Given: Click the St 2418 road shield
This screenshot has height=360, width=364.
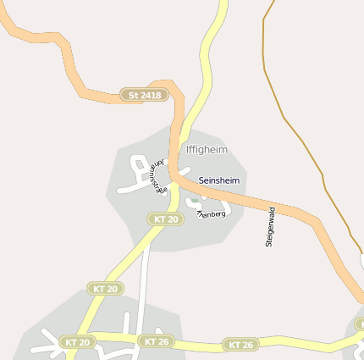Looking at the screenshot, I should pyautogui.click(x=144, y=96).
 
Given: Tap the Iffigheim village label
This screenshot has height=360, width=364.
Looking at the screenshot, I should pyautogui.click(x=207, y=149).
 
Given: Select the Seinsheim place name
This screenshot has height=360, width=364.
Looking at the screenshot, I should pyautogui.click(x=219, y=180).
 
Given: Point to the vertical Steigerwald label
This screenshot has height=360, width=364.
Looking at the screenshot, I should pyautogui.click(x=270, y=227).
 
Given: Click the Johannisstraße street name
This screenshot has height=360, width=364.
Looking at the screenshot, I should pyautogui.click(x=156, y=175).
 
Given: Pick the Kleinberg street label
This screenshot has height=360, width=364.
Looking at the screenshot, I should pyautogui.click(x=212, y=213).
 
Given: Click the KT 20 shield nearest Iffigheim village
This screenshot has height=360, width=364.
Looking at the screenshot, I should pyautogui.click(x=166, y=219).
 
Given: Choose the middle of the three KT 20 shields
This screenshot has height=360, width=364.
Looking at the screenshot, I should pyautogui.click(x=106, y=289).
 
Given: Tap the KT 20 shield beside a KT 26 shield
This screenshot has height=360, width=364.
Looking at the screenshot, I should pyautogui.click(x=78, y=342).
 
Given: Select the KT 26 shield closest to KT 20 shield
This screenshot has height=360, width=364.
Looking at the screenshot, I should pyautogui.click(x=157, y=341).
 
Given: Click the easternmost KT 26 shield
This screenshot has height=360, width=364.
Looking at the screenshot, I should pyautogui.click(x=241, y=345).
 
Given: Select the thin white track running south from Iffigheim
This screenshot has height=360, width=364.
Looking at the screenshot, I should pyautogui.click(x=145, y=280).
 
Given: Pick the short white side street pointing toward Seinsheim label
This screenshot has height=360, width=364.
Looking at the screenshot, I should pyautogui.click(x=185, y=169).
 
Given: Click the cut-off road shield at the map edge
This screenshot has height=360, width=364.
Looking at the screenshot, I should pyautogui.click(x=360, y=324).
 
